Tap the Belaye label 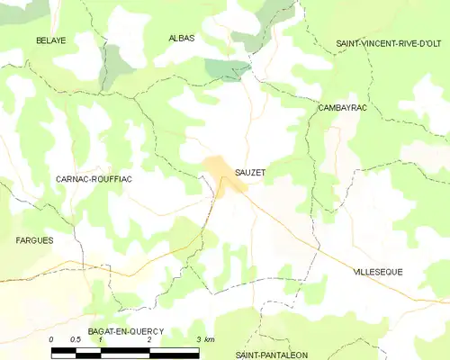[x=51, y=40]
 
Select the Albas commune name [x=182, y=38]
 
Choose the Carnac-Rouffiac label [x=94, y=179]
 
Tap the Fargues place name [x=34, y=240]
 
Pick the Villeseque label [x=378, y=271]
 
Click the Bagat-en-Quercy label [x=126, y=331]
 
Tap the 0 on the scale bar [x=51, y=339]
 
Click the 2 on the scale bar [x=149, y=339]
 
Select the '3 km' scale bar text [x=204, y=339]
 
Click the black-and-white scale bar [x=125, y=349]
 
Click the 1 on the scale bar [x=101, y=339]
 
